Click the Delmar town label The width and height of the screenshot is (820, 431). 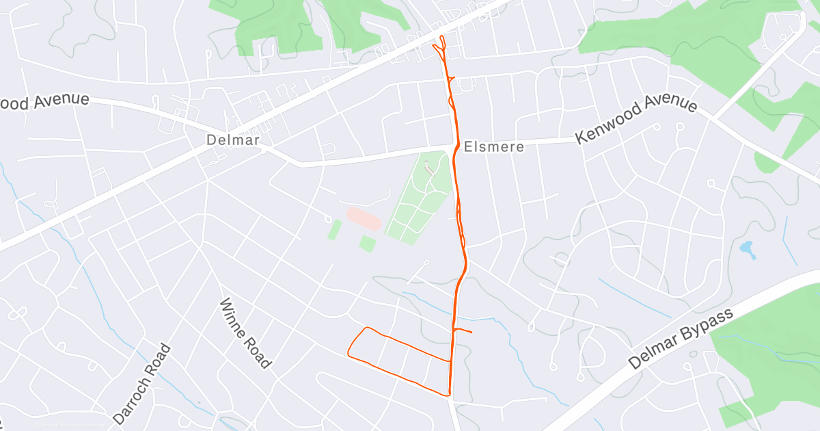233,140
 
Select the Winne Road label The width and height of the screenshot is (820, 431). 245,333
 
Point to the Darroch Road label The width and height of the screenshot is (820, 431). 141,383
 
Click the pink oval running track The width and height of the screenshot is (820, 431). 364,220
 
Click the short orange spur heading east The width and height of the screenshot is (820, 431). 463,332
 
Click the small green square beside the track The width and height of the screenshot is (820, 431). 368,244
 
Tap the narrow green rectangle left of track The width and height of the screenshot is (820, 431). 334,229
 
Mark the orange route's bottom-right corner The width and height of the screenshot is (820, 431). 450,394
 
